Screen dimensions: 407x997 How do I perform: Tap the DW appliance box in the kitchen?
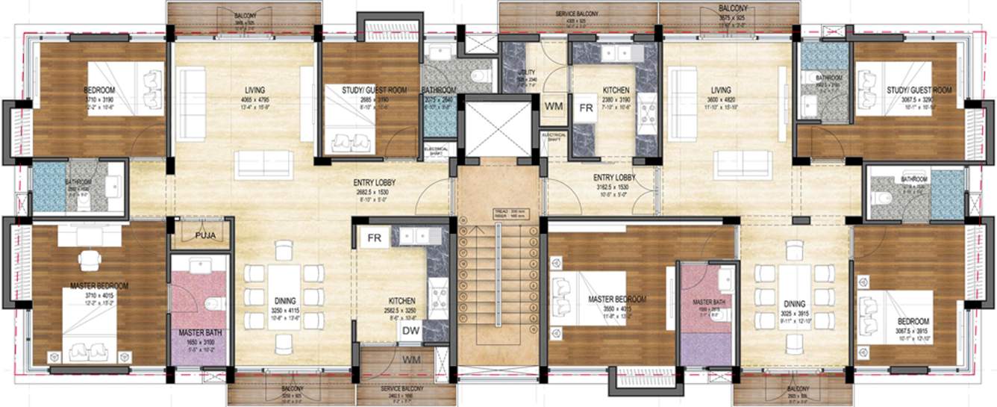(410, 331)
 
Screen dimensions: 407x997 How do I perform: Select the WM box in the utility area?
(553, 107)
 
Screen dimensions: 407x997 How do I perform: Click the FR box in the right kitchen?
(587, 107)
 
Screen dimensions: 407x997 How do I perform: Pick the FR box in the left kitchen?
(374, 240)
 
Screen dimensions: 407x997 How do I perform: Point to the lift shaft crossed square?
(496, 128)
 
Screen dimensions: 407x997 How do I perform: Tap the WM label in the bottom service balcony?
(410, 361)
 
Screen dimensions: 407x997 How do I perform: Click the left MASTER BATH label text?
(199, 332)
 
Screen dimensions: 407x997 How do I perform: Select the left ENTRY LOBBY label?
(375, 182)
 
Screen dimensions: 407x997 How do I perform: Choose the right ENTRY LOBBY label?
(614, 178)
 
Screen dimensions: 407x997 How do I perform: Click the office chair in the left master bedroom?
(90, 259)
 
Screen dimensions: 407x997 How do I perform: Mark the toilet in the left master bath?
(215, 303)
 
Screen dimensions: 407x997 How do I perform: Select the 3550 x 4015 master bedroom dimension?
(616, 308)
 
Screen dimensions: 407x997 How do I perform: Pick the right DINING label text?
(794, 304)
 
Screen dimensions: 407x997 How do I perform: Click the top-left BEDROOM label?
(99, 90)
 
